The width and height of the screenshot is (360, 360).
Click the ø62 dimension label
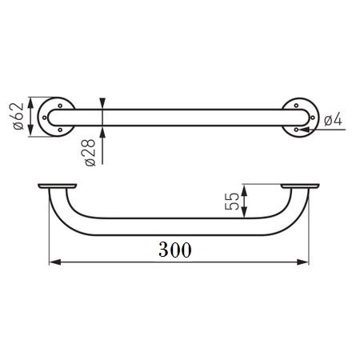pos(18,116)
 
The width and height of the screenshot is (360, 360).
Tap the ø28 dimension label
pos(90,153)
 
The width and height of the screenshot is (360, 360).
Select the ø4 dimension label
pos(333,119)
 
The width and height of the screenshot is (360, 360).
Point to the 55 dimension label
pos(232,202)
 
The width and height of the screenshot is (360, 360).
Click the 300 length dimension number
pos(175,250)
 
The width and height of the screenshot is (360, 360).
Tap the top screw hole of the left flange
pos(60,106)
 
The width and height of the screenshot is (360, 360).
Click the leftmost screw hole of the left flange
pos(45,118)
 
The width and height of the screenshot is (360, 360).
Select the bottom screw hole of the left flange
pos(60,130)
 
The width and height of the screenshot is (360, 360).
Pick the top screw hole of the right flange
pos(296,106)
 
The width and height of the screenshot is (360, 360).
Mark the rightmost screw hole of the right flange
pos(313,118)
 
